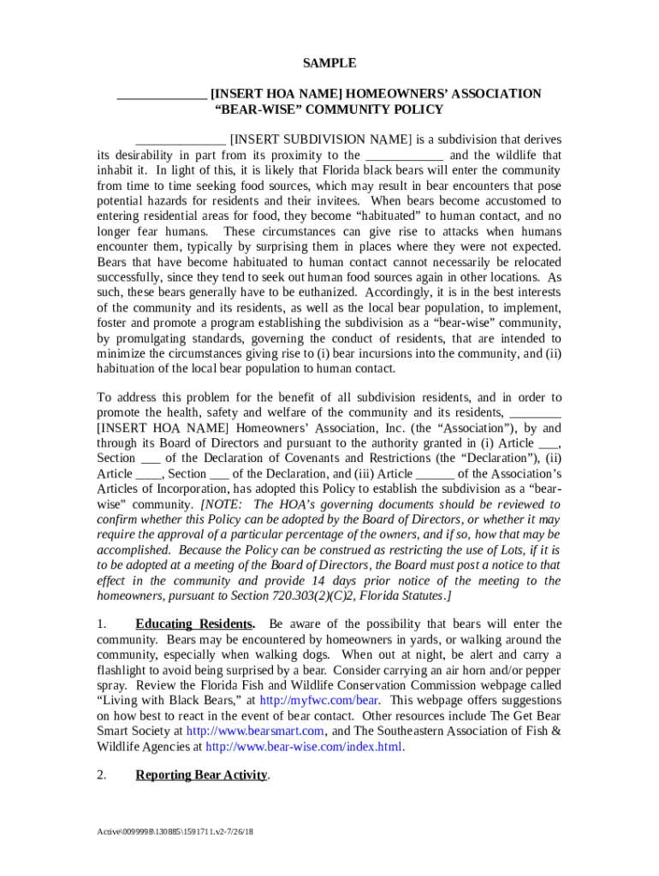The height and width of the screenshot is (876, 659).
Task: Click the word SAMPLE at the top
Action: pyautogui.click(x=329, y=63)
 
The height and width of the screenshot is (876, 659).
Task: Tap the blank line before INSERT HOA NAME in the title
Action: pyautogui.click(x=161, y=94)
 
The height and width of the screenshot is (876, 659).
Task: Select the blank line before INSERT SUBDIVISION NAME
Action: pyautogui.click(x=181, y=140)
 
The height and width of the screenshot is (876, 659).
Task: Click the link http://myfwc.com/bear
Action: pyautogui.click(x=307, y=700)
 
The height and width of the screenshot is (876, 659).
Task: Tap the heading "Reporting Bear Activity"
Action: pyautogui.click(x=202, y=775)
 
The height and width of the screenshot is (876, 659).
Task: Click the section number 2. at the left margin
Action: pyautogui.click(x=101, y=775)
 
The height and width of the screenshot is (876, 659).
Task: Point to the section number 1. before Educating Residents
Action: pyautogui.click(x=101, y=624)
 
